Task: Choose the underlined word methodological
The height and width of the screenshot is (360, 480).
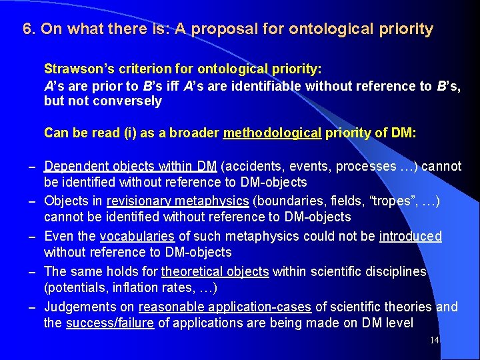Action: pos(272,133)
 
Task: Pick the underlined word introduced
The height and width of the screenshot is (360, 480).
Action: pos(410,237)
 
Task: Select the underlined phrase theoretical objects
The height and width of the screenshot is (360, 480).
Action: pos(215,272)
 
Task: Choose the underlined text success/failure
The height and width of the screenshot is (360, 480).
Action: pos(109,323)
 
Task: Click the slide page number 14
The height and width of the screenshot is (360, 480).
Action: pos(434,341)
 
